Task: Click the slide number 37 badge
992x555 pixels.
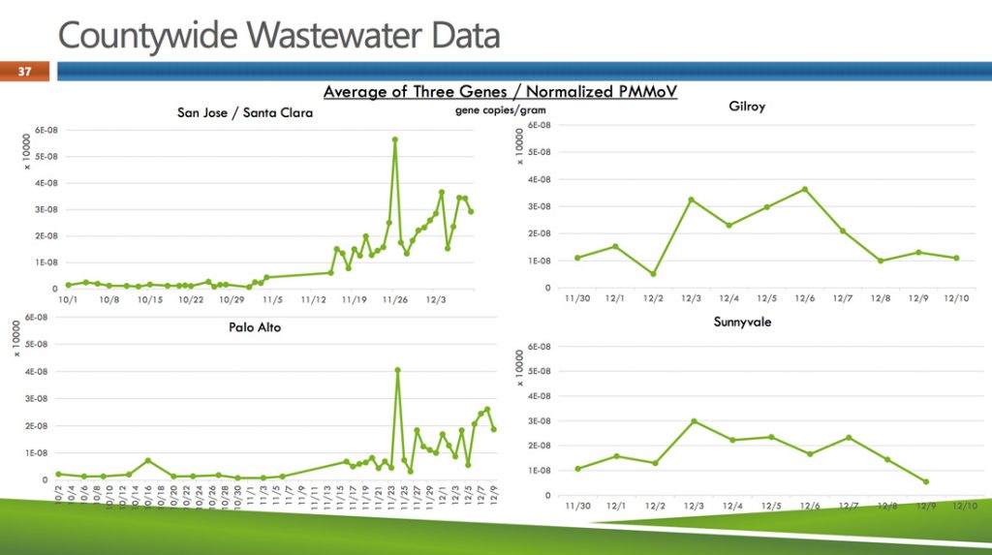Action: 25,71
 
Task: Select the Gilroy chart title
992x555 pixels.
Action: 746,106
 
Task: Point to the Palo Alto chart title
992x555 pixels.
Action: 255,327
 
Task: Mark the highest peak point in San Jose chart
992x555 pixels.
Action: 395,139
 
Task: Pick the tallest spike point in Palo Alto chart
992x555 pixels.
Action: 398,370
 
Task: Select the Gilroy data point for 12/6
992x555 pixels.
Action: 804,189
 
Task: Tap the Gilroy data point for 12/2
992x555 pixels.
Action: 654,274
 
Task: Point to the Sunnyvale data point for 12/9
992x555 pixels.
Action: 926,481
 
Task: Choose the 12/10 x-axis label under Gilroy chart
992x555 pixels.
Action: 955,297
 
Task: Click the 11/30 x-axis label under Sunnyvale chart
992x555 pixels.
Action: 577,506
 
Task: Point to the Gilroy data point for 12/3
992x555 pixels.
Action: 692,200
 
